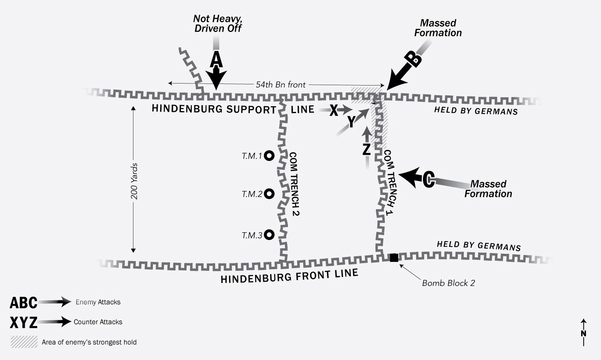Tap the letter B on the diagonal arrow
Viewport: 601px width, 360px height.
coord(413,59)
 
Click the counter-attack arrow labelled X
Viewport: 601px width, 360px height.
coord(334,110)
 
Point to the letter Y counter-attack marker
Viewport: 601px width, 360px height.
coord(352,121)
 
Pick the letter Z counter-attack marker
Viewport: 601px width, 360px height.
coord(366,149)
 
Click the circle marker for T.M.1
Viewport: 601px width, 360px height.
coord(269,155)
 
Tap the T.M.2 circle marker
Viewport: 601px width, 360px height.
coord(269,194)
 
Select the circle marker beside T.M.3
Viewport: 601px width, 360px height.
coord(269,234)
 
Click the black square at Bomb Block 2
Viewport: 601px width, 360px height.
coord(394,257)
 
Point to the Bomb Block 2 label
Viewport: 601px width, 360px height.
coord(448,283)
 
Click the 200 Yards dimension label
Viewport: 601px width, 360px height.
coord(134,181)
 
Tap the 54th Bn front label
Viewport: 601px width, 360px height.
coord(281,84)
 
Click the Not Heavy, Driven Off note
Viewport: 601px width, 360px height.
coord(217,24)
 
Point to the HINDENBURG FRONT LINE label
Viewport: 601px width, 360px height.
coord(289,276)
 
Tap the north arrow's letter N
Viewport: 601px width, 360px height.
coord(584,333)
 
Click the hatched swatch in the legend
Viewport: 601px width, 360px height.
coord(24,342)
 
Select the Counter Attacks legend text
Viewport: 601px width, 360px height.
coord(98,322)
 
